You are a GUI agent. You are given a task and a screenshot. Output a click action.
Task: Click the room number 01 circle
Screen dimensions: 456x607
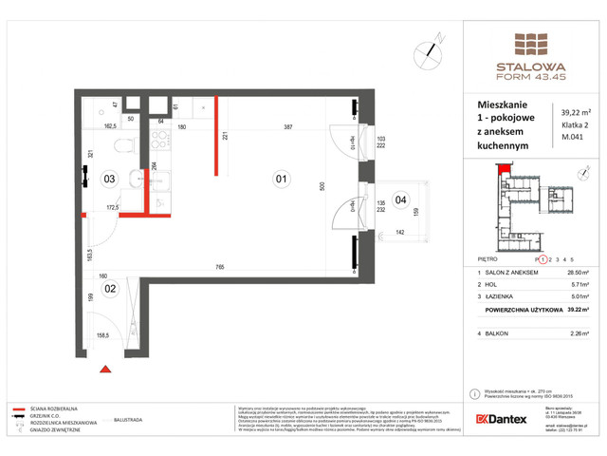[280, 176]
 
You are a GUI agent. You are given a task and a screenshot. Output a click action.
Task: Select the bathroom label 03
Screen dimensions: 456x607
[109, 178]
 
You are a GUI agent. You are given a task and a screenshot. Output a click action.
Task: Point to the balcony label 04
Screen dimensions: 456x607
[400, 200]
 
